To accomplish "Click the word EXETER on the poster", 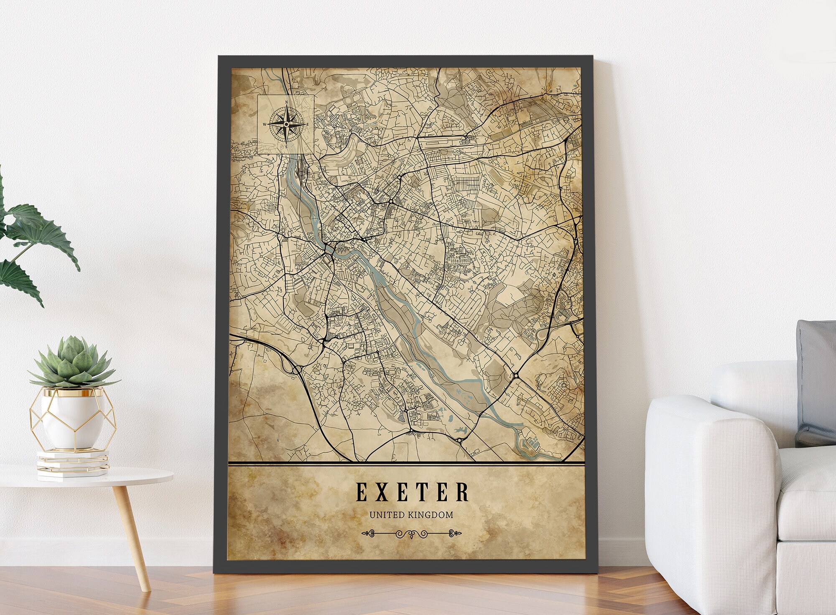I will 412,492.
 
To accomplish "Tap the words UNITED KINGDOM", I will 411,515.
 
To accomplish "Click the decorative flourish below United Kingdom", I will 411,533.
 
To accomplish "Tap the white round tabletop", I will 84,477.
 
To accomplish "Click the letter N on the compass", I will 286,102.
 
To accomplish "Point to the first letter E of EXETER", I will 362,492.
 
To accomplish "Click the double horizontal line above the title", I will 405,463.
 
